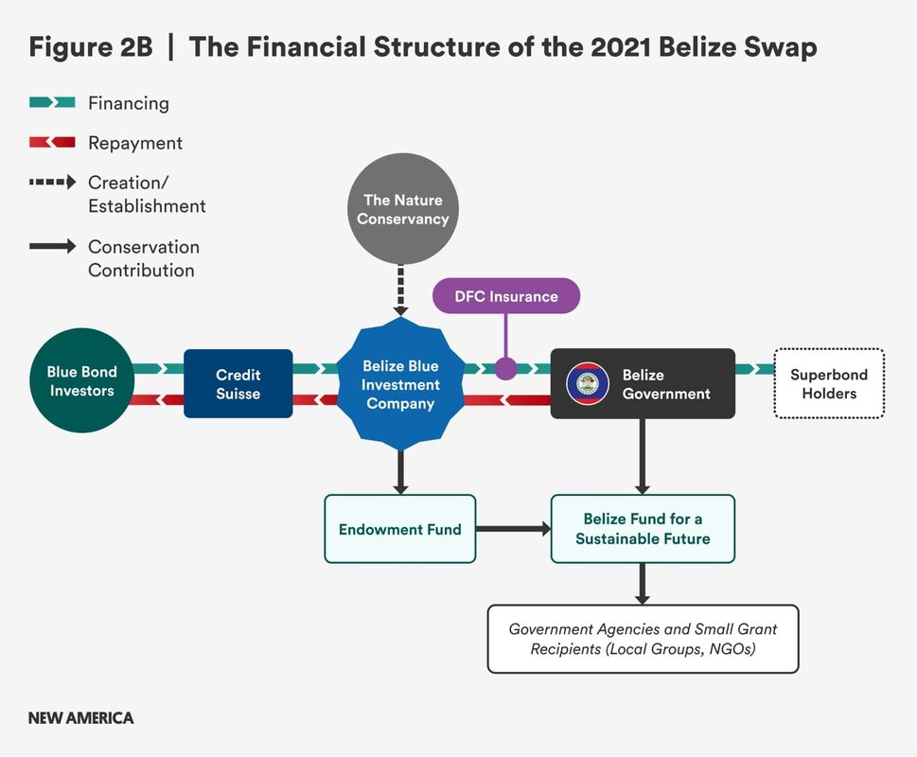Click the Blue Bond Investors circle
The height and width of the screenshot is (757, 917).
click(x=82, y=380)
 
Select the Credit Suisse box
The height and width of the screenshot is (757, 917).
click(x=238, y=383)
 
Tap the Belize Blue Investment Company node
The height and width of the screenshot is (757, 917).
click(x=400, y=384)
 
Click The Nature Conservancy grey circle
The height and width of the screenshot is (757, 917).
click(x=403, y=209)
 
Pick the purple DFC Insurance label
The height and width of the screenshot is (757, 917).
click(x=506, y=296)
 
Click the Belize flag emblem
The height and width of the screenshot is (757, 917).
click(x=588, y=383)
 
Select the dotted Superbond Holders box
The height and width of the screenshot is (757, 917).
click(x=829, y=383)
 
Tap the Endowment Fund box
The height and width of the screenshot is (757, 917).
click(x=400, y=529)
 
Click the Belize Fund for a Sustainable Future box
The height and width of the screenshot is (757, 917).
click(x=643, y=529)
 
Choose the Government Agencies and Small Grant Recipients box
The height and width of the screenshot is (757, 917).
click(x=643, y=639)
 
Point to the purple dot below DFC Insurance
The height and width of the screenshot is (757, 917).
click(x=506, y=369)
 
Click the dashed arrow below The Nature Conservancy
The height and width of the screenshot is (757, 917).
click(x=400, y=290)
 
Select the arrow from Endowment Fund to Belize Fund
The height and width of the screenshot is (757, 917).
click(x=514, y=529)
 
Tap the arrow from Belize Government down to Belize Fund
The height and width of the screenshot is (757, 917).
click(x=643, y=456)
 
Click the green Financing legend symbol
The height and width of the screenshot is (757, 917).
click(x=52, y=102)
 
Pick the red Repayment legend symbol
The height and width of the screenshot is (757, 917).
click(x=52, y=142)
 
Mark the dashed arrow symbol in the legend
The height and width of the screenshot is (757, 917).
click(x=53, y=183)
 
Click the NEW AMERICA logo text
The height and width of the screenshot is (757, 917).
click(x=80, y=718)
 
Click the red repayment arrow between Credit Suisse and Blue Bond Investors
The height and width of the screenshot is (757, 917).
click(x=158, y=400)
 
